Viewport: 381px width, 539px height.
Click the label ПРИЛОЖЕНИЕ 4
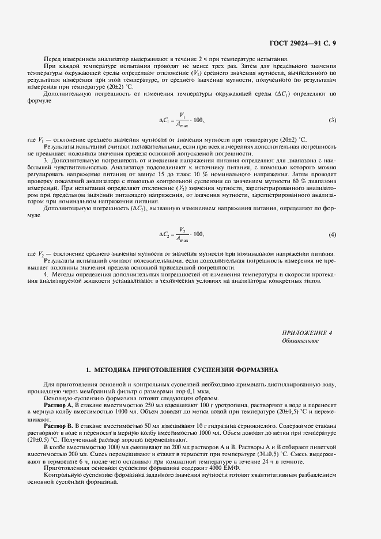tap(307, 333)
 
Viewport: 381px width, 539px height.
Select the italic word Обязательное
tap(300, 341)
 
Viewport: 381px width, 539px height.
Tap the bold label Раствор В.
tap(56, 426)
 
